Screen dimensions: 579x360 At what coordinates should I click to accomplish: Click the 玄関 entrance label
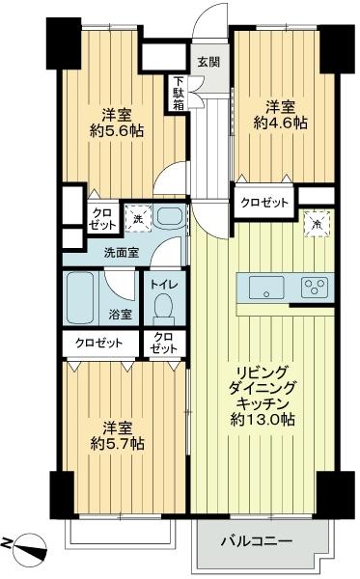[208, 61]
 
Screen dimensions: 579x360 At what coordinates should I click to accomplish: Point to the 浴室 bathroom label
[120, 314]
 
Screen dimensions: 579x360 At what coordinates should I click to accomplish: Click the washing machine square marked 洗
[138, 219]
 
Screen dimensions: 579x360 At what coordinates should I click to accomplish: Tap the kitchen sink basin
[263, 286]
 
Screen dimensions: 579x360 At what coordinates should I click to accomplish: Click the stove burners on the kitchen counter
[315, 286]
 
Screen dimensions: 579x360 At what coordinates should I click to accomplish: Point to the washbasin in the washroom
[169, 218]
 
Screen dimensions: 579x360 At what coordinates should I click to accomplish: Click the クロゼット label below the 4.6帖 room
[263, 203]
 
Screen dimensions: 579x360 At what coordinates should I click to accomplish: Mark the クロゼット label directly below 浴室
[102, 343]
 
